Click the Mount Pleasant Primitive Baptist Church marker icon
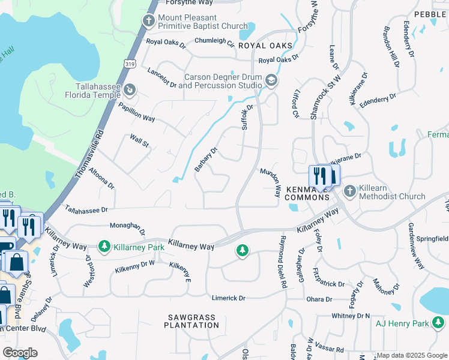tap(148, 22)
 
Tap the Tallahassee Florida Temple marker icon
tap(128, 90)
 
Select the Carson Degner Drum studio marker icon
tap(271, 81)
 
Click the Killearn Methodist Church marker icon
tap(350, 191)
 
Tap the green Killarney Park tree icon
tap(104, 246)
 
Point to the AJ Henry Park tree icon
tap(439, 324)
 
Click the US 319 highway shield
tap(130, 63)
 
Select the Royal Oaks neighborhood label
tap(265, 46)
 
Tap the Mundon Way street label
tap(270, 182)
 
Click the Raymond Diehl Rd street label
tap(281, 262)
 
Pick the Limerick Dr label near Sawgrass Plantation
tap(229, 298)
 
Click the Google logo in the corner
tap(20, 353)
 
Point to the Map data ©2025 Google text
tap(411, 356)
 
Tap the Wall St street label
tap(139, 140)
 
